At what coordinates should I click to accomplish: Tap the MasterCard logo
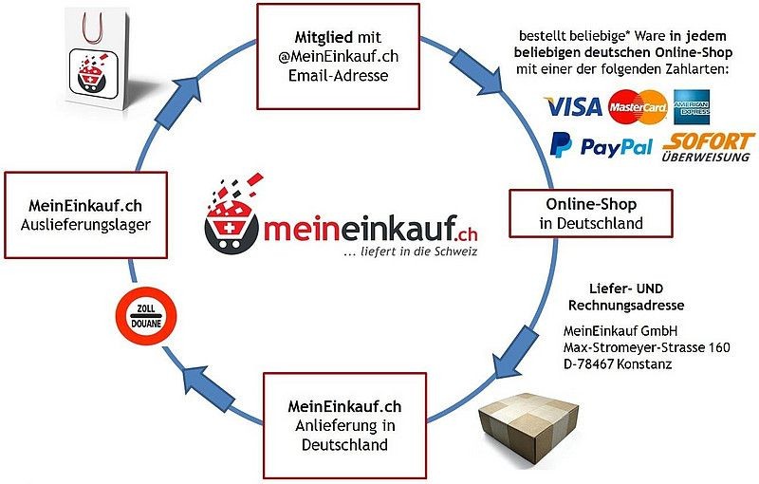pos(638,107)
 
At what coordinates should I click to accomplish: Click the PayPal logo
pos(602,146)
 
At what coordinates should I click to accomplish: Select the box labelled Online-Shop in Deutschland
pos(590,214)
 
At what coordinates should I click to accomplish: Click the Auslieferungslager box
pos(85,214)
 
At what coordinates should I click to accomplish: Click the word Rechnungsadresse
pos(625,305)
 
